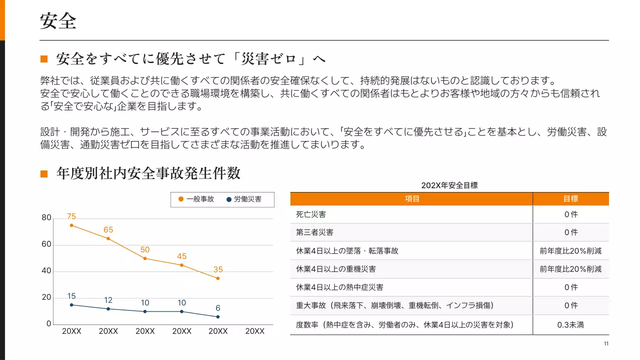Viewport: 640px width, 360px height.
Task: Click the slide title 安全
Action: [x=58, y=21]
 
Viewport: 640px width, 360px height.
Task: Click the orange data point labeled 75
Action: [x=71, y=225]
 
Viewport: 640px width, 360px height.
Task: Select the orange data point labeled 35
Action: [x=218, y=278]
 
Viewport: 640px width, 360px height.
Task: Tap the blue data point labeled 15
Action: [x=71, y=305]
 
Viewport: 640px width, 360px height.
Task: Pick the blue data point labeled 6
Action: [x=218, y=317]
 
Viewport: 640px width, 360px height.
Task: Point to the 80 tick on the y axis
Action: [x=46, y=218]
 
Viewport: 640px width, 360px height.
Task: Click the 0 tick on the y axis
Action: [x=48, y=324]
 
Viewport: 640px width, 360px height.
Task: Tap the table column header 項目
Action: [x=411, y=199]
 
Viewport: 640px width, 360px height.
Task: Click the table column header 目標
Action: [x=570, y=199]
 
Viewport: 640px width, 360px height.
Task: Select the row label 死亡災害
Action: [x=311, y=214]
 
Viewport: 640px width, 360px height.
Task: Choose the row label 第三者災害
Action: [x=315, y=232]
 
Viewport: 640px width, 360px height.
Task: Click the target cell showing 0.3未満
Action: [x=570, y=325]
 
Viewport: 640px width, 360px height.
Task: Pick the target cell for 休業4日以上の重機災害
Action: [x=570, y=269]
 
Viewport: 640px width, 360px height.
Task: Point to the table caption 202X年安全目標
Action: [x=449, y=185]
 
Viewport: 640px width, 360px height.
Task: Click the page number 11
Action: [x=606, y=343]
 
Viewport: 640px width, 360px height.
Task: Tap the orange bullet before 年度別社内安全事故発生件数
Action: [x=44, y=173]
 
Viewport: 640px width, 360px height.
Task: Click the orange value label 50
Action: [x=145, y=249]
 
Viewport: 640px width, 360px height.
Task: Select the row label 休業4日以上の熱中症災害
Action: [x=339, y=287]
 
